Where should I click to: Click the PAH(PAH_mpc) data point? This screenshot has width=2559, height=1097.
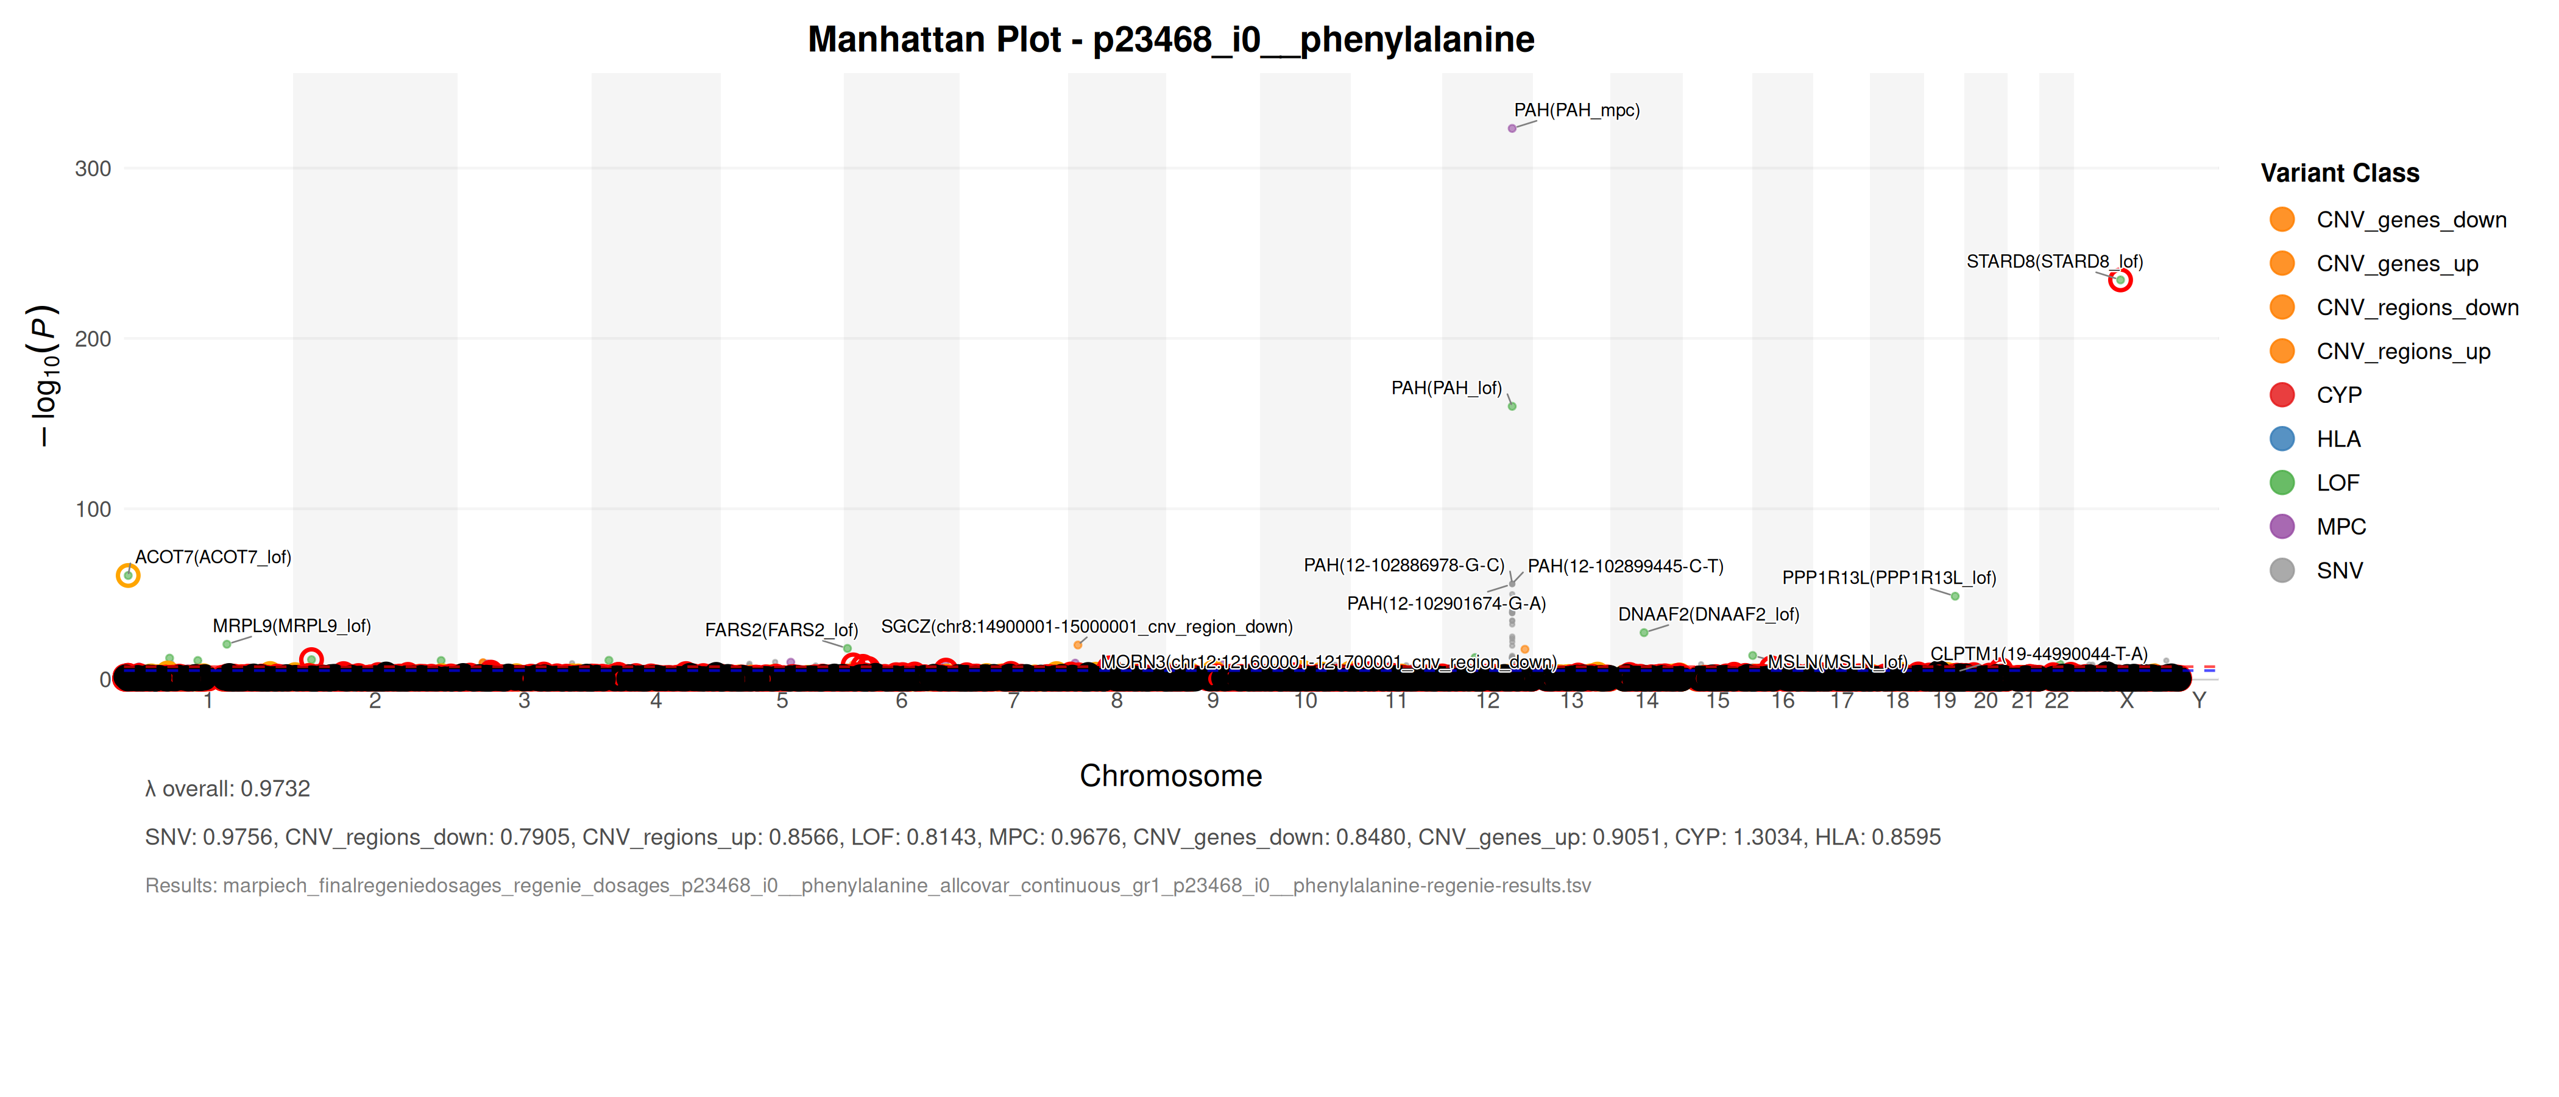(1512, 128)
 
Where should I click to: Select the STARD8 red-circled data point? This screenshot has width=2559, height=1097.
(2120, 280)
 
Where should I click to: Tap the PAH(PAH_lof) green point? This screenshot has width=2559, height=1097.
(1512, 405)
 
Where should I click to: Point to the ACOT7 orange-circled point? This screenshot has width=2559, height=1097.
(128, 575)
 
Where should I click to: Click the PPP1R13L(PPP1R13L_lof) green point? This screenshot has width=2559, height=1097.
(1955, 596)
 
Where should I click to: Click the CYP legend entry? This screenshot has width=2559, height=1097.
(2338, 396)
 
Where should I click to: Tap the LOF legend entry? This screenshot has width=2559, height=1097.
(2337, 483)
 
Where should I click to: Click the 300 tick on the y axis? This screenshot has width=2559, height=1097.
(93, 169)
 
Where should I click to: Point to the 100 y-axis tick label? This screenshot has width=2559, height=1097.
(93, 509)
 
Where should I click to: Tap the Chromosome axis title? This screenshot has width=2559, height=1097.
(1170, 776)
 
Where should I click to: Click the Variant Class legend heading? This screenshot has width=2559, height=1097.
(2340, 173)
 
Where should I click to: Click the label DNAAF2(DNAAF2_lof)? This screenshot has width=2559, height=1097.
(1708, 614)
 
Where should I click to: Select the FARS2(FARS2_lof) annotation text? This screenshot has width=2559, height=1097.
(781, 630)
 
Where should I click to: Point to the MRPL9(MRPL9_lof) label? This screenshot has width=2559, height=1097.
(291, 626)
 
